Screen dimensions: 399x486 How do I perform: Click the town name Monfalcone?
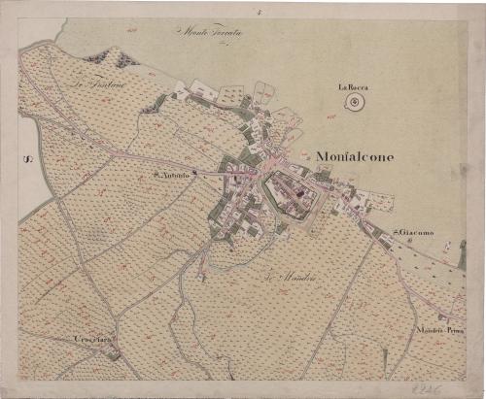355,155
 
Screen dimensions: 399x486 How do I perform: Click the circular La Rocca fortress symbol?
357,102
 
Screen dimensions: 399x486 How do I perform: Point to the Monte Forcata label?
211,33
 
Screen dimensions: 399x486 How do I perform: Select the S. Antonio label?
171,176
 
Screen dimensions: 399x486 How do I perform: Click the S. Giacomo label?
413,233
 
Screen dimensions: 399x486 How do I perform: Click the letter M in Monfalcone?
321,155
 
